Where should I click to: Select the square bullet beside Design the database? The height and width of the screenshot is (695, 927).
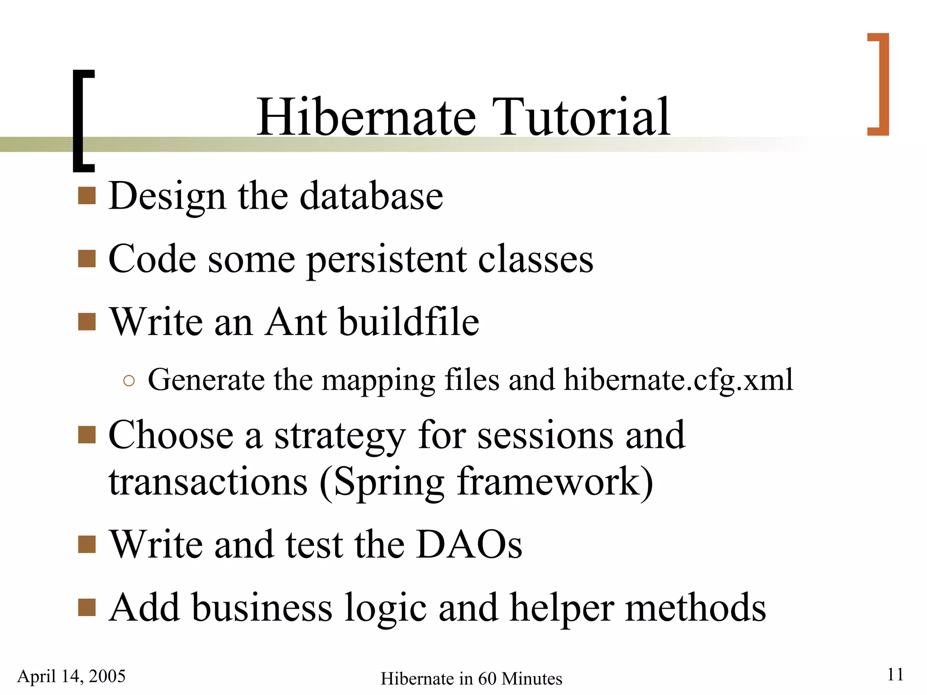(x=86, y=196)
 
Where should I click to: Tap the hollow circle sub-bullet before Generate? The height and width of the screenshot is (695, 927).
(x=129, y=381)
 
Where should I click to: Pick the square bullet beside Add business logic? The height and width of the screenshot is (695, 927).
(x=86, y=608)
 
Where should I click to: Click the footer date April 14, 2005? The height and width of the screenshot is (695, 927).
(x=72, y=676)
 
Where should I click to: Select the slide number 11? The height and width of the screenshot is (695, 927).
(x=895, y=674)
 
